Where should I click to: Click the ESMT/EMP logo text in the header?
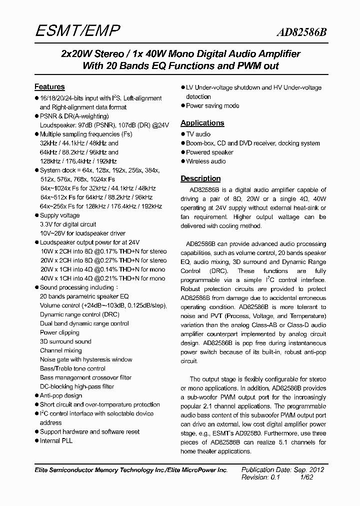point(77,32)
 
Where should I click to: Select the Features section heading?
point(49,86)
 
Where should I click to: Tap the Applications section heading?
point(202,123)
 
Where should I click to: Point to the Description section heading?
point(200,178)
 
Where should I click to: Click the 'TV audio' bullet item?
point(198,134)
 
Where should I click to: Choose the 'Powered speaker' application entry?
point(209,152)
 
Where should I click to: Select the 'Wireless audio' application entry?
point(205,161)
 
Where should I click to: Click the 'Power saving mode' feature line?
point(212,105)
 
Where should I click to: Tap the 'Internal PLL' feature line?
point(56,440)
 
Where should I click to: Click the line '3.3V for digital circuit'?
point(68,224)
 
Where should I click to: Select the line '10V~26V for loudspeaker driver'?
point(82,233)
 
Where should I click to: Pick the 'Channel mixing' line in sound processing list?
point(60,350)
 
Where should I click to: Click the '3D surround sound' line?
point(65,341)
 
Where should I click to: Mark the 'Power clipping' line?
point(59,332)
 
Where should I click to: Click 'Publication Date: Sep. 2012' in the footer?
point(283,469)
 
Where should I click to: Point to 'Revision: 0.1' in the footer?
point(260,477)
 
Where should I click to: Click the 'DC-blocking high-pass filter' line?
point(77,386)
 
